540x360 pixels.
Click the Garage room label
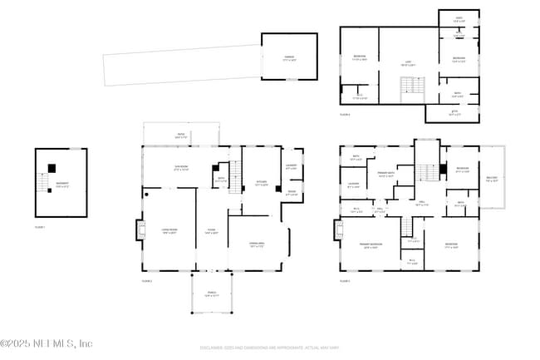tap(289, 58)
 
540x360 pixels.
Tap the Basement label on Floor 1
tap(62, 185)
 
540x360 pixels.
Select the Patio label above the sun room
tap(180, 135)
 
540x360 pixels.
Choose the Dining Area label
tap(257, 244)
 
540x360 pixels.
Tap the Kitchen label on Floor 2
tap(261, 185)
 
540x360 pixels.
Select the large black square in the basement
tap(52, 168)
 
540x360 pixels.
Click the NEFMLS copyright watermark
tap(47, 343)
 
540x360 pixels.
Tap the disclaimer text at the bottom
tap(269, 347)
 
